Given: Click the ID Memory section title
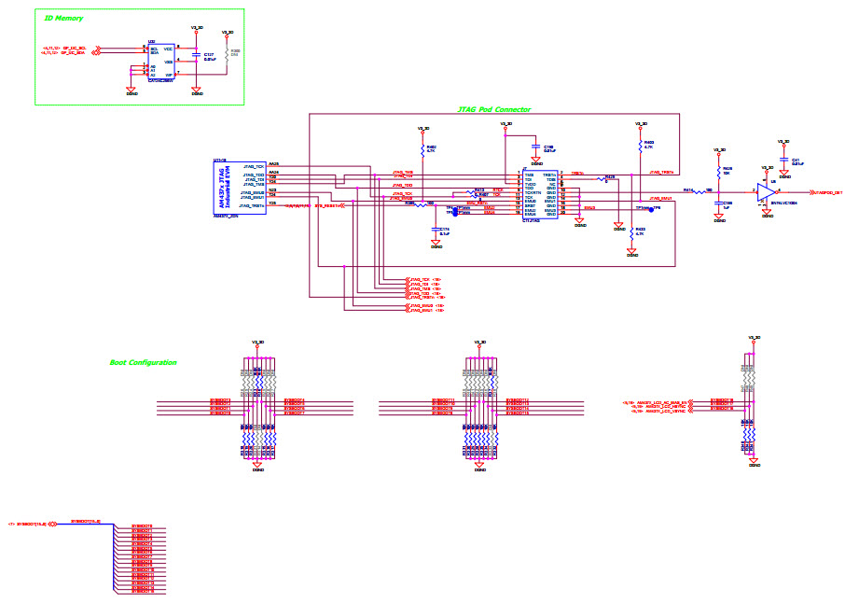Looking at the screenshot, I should pos(64,18).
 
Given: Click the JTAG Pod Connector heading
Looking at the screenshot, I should pos(493,109).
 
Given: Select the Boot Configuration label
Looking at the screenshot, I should pos(143,362).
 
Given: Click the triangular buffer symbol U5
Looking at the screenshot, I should pos(766,191).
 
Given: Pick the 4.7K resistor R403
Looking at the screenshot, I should pos(641,146).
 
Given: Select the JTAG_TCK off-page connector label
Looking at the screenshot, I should pos(424,279).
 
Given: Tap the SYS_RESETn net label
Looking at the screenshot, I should pos(331,205).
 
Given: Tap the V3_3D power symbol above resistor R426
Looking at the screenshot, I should pos(719,150).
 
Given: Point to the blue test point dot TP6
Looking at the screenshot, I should pos(650,209).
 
